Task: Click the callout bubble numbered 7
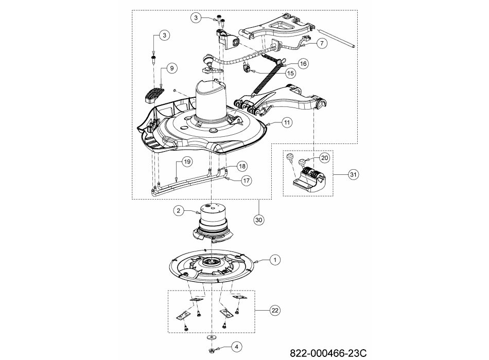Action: tap(322, 43)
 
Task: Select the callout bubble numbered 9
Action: tap(172, 68)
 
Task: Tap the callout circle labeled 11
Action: tap(287, 122)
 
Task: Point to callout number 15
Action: tap(290, 73)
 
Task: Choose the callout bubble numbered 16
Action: tap(303, 64)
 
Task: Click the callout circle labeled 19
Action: tap(187, 162)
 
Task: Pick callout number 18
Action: tap(242, 166)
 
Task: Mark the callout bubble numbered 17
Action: tap(247, 181)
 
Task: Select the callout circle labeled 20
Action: tap(325, 158)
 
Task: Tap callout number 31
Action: tap(353, 174)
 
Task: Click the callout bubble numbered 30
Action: tap(259, 220)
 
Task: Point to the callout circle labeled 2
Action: tap(179, 211)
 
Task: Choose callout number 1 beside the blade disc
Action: tap(275, 260)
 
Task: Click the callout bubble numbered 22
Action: tap(275, 311)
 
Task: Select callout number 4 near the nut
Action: tap(236, 347)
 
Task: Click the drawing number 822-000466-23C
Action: tap(328, 353)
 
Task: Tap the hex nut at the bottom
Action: tap(212, 350)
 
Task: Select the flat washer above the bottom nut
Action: tap(212, 337)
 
